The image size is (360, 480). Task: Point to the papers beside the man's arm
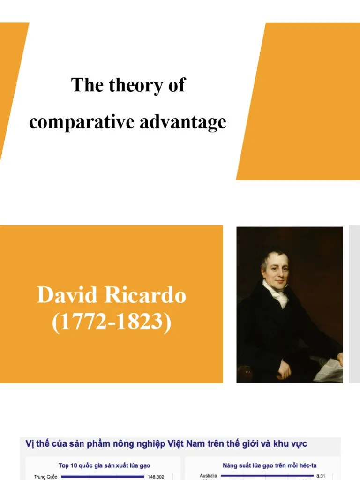pos(329,370)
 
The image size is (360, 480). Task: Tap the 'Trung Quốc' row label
pos(45,477)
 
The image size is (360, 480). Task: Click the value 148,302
pos(156,477)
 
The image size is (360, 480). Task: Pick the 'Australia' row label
pos(208,476)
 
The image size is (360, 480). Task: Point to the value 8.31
pos(321,476)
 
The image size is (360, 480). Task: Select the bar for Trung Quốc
pos(102,477)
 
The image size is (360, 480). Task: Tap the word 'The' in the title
pos(87,86)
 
